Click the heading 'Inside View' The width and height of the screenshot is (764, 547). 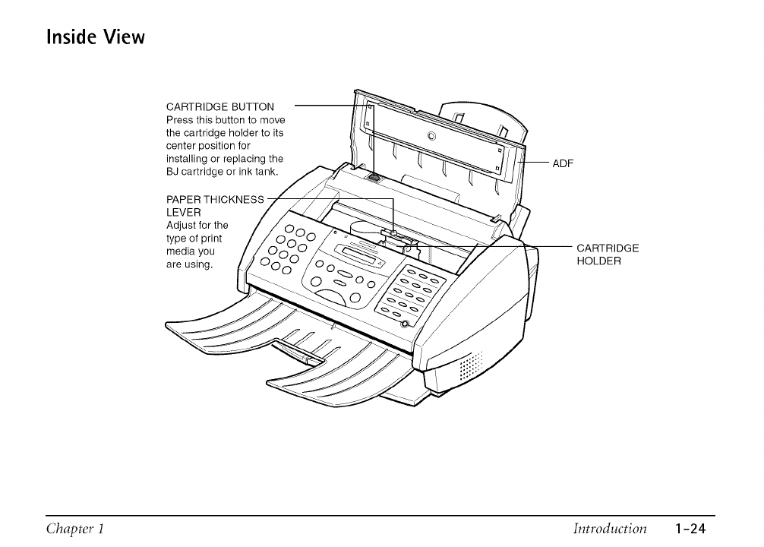[96, 36]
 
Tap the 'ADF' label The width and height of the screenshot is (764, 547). [562, 163]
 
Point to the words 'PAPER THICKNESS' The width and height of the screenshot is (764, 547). [215, 200]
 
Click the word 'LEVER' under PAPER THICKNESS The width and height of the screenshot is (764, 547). [183, 213]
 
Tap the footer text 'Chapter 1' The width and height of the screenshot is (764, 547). [74, 529]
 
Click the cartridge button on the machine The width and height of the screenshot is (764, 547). [374, 178]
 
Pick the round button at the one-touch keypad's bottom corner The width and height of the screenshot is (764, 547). [405, 324]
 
